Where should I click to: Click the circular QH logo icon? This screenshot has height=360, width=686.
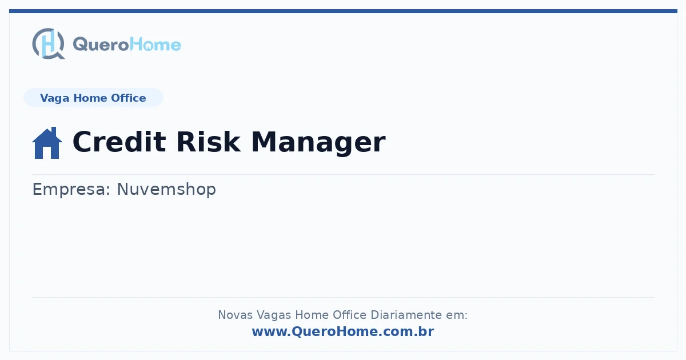click(49, 43)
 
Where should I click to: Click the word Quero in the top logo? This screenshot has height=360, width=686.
click(101, 45)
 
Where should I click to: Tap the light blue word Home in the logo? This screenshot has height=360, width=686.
click(155, 45)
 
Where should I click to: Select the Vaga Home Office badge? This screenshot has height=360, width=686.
click(93, 98)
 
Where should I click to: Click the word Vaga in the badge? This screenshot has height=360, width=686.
click(54, 98)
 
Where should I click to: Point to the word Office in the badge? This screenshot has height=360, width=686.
click(128, 98)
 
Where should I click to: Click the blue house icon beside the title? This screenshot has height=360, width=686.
click(47, 143)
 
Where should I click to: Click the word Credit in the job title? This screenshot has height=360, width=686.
click(119, 142)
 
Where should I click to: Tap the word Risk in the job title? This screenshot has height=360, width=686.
click(208, 142)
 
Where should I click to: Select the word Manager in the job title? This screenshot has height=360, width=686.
click(318, 143)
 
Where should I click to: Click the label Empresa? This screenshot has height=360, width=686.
click(71, 190)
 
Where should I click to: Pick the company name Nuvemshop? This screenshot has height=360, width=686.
click(166, 189)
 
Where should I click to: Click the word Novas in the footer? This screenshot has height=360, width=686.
click(235, 315)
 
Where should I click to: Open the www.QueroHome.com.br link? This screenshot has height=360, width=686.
click(343, 331)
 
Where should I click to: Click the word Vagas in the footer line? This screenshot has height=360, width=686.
click(273, 315)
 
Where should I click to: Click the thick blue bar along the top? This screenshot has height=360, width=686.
click(343, 11)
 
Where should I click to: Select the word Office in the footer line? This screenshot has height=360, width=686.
click(349, 315)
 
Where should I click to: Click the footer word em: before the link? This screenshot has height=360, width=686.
click(457, 315)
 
